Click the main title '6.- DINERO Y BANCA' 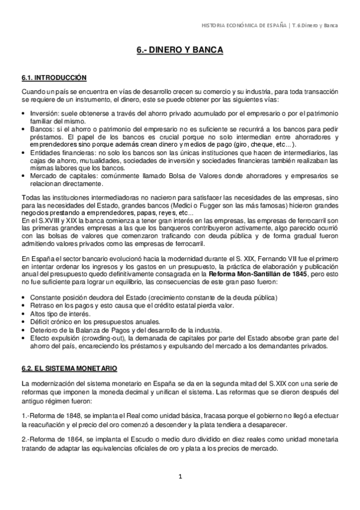[x=180, y=52]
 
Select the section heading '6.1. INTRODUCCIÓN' [x=53, y=78]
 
